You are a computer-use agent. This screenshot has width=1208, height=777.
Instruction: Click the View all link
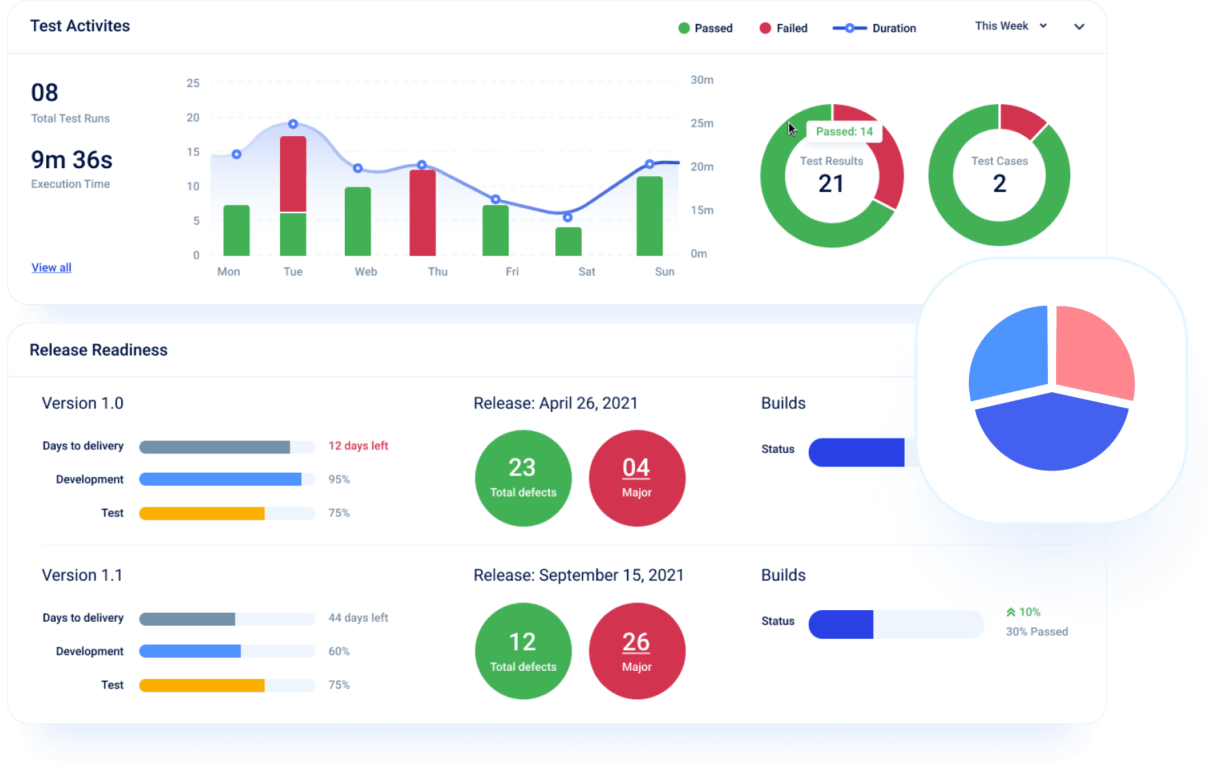click(51, 268)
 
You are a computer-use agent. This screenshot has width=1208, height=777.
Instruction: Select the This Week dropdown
click(1010, 26)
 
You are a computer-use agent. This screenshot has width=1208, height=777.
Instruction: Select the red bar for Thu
click(422, 212)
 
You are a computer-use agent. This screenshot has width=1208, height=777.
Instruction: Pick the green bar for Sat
click(568, 242)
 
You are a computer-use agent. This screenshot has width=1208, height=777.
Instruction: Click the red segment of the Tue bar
click(293, 174)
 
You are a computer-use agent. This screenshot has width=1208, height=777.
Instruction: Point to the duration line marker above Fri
click(496, 200)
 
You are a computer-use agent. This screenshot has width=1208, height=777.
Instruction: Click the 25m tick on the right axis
click(702, 123)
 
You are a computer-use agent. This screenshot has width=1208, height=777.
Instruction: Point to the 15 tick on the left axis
click(193, 152)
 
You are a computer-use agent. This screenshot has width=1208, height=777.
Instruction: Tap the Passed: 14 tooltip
click(844, 131)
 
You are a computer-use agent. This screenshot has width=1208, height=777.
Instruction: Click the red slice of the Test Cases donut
click(1021, 119)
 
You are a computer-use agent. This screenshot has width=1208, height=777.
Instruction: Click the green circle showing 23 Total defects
click(523, 478)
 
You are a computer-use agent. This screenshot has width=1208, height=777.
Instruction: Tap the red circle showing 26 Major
click(637, 651)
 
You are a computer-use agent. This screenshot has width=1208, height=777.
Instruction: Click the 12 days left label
click(358, 446)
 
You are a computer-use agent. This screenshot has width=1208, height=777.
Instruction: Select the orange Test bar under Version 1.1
click(202, 685)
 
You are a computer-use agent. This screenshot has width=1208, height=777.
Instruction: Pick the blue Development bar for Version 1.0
click(220, 479)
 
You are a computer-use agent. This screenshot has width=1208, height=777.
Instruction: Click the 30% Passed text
click(1036, 632)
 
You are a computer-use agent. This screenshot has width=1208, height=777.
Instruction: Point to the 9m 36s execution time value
click(72, 160)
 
